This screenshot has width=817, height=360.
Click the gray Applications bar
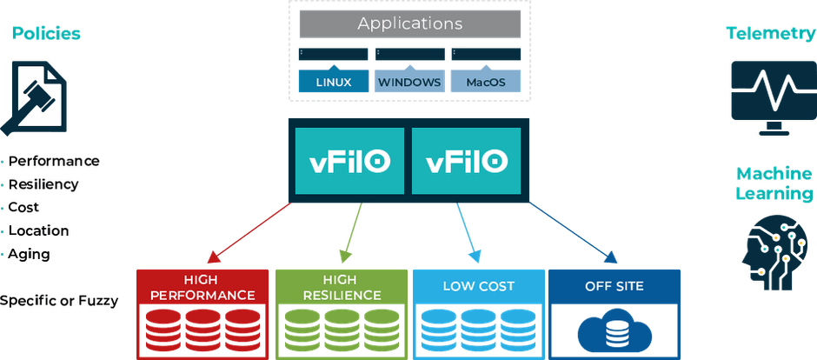click(409, 24)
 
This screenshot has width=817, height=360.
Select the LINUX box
click(334, 82)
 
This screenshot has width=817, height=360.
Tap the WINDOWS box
click(409, 82)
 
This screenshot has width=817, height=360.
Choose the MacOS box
click(486, 82)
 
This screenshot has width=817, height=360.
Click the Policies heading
click(46, 34)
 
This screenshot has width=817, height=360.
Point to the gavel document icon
click(35, 98)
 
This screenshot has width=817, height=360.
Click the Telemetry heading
click(771, 34)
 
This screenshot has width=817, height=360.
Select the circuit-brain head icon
click(773, 253)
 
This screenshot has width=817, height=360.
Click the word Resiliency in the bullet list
click(43, 184)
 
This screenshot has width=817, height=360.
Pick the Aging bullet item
click(30, 255)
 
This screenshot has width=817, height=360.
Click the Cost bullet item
click(23, 207)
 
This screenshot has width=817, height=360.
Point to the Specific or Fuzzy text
click(59, 301)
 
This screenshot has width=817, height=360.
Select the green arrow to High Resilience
click(353, 232)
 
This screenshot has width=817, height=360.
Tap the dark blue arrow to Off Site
click(573, 232)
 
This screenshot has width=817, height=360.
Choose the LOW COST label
click(478, 286)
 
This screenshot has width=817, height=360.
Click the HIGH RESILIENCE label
click(342, 288)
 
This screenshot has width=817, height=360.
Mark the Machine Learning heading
click(774, 183)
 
